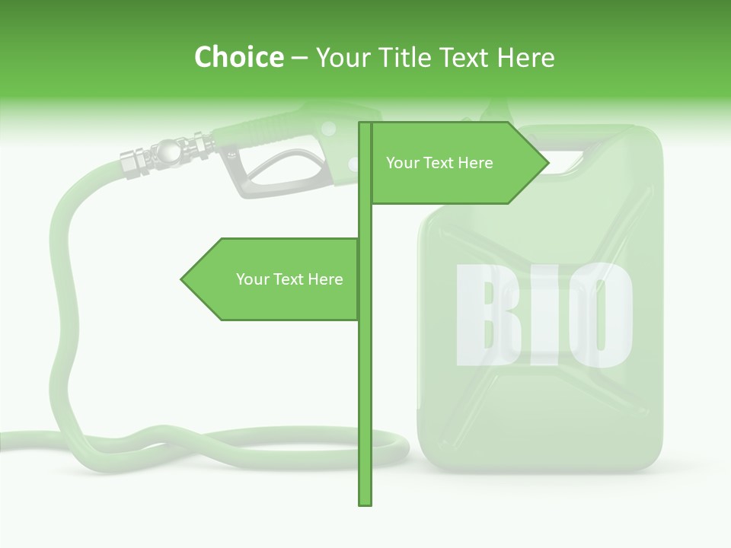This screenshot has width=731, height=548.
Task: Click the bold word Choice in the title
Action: coord(238,57)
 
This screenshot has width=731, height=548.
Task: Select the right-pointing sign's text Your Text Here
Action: coord(439,163)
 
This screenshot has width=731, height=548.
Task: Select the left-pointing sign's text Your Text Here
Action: coord(289,279)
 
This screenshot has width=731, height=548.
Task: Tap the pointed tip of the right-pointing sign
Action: coord(547,162)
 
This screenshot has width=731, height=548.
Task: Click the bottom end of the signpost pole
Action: coord(365,502)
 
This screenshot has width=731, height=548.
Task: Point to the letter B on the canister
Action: coord(483,314)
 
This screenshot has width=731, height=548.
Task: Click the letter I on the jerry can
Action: coord(540,314)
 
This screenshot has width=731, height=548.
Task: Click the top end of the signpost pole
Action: coord(365,124)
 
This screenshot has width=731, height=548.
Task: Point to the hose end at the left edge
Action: coord(6,441)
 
